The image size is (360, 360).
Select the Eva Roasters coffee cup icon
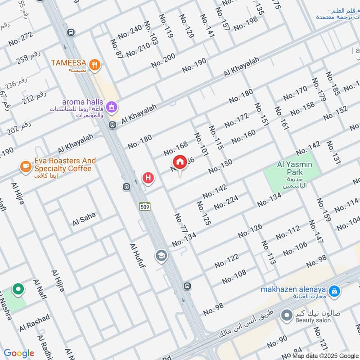25,167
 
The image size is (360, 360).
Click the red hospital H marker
148,178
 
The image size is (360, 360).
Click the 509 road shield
144,207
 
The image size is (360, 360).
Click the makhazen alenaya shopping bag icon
334,292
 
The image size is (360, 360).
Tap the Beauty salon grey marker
286,315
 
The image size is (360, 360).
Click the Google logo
19,353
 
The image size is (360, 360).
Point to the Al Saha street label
84,219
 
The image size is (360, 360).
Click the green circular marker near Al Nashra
18,289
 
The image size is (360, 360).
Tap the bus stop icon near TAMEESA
71,32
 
